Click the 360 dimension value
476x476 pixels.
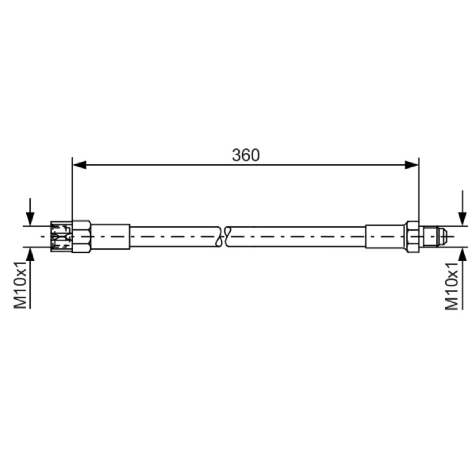(x=246, y=155)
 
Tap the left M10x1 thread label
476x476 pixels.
(x=21, y=286)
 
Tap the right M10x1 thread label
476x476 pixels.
(x=452, y=287)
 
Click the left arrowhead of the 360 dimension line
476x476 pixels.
(x=80, y=165)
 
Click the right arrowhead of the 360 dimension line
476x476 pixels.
(x=412, y=165)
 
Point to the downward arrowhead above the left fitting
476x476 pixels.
(x=30, y=218)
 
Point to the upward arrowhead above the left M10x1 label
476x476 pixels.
(x=30, y=255)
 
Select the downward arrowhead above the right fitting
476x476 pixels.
(x=462, y=219)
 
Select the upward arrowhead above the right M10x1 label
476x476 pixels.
(x=462, y=255)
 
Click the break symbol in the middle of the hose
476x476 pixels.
(x=224, y=236)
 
